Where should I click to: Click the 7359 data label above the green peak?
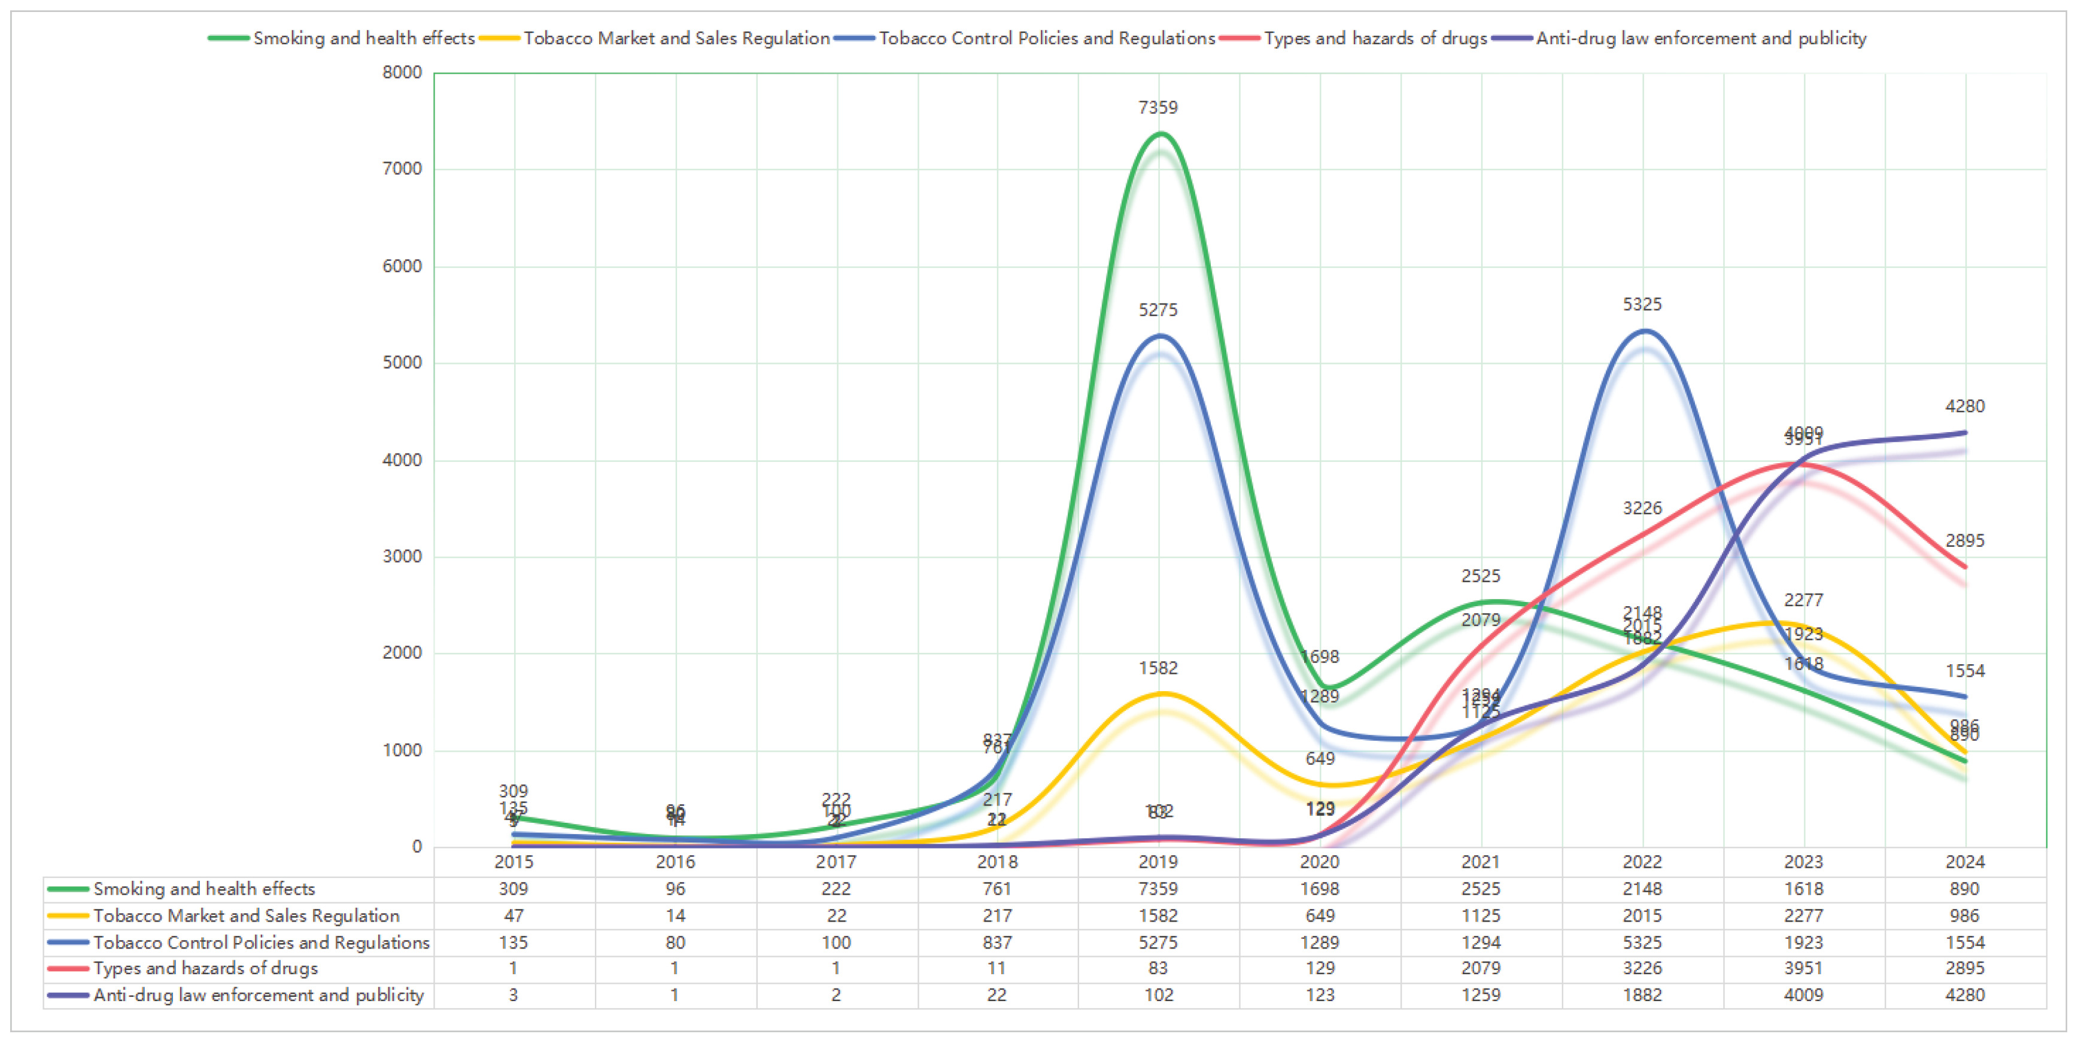tap(1158, 107)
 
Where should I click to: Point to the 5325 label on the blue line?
tap(1642, 304)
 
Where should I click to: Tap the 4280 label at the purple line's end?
tap(1965, 406)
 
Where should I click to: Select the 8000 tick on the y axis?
tap(402, 72)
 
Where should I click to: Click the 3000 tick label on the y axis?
tap(402, 557)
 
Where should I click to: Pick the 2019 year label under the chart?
tap(1158, 862)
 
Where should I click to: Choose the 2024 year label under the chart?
tap(1965, 862)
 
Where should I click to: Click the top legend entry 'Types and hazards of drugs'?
tap(1375, 38)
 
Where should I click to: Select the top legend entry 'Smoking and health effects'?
tap(364, 38)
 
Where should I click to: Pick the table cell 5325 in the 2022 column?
tap(1642, 942)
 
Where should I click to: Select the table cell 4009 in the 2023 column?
tap(1804, 995)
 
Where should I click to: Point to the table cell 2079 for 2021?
tap(1481, 968)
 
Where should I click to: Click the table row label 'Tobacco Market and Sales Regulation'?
tap(246, 916)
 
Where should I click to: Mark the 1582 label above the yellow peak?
tap(1158, 668)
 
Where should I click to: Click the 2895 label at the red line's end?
tap(1965, 540)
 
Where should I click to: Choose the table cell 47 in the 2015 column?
tap(514, 916)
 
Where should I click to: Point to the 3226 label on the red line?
tap(1642, 508)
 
